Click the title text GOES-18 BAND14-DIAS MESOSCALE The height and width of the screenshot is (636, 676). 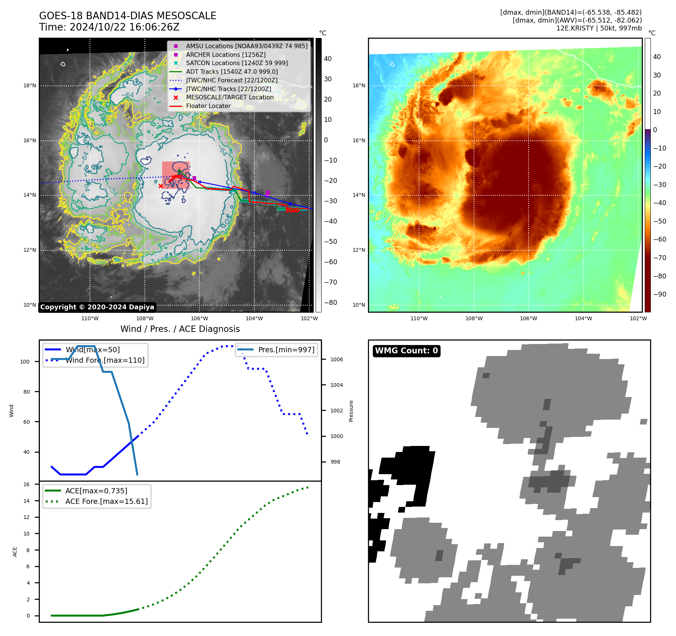[128, 16]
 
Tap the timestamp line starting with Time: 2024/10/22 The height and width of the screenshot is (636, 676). [109, 27]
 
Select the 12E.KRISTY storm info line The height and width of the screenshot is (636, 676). [599, 28]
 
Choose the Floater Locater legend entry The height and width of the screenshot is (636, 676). [208, 106]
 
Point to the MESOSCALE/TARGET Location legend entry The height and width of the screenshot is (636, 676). [229, 97]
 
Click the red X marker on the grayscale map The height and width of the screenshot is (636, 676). [161, 186]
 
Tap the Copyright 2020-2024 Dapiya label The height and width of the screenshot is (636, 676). [97, 307]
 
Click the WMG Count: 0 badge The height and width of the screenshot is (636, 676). [406, 351]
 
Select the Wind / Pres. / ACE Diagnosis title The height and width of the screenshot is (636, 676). [180, 329]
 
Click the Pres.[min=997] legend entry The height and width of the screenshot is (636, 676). [286, 350]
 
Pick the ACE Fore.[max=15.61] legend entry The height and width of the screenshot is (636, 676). [106, 502]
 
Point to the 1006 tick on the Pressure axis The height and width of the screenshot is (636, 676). [336, 359]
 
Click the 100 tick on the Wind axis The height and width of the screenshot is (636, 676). [25, 362]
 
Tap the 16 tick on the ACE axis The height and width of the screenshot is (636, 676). [26, 484]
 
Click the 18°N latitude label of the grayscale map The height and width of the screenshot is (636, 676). [30, 86]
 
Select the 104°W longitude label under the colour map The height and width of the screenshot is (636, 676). [583, 318]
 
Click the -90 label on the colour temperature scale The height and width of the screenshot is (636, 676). [659, 294]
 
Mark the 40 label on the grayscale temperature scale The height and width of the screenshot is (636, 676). [328, 59]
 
